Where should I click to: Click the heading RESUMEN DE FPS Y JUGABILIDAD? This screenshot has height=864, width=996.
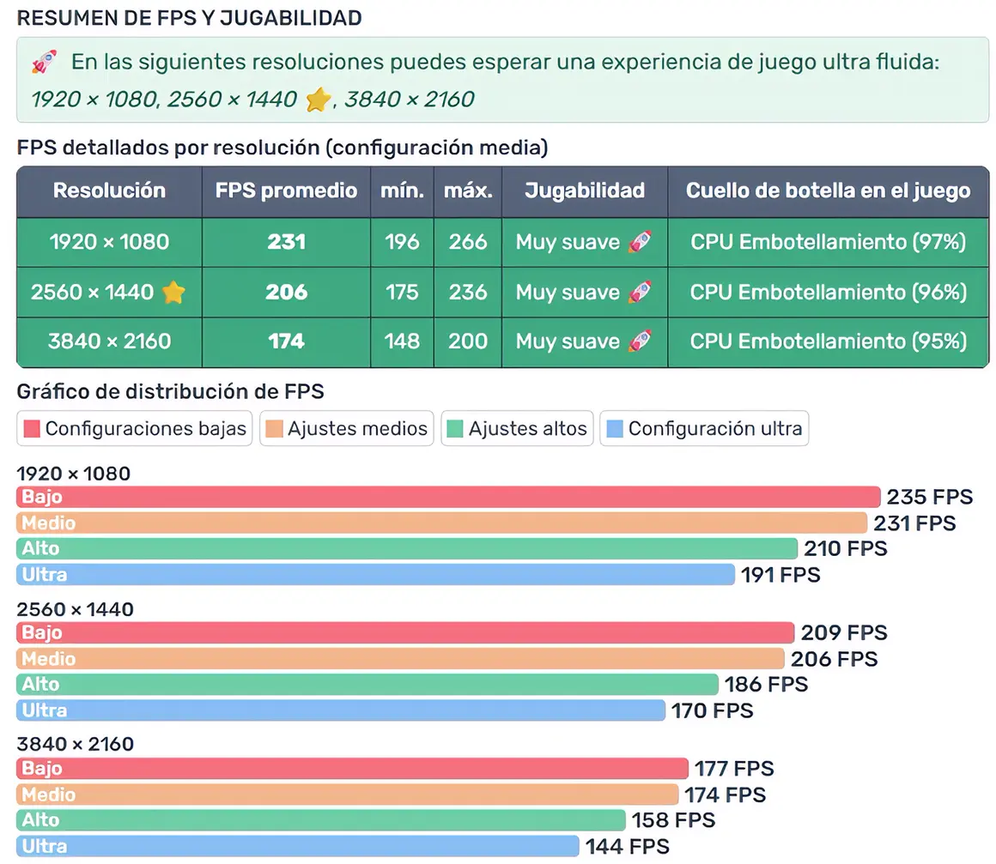pos(189,18)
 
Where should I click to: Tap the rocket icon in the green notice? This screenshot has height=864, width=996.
pos(45,62)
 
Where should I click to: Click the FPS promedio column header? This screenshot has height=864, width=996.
pos(286,190)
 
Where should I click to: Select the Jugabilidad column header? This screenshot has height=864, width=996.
pos(584,190)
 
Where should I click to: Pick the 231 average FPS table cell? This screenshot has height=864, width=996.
pos(286,243)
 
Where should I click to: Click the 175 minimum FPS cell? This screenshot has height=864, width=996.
pos(402,293)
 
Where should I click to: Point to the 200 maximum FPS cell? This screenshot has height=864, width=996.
pos(467,341)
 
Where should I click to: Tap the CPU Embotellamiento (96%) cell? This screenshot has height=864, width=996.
pos(828,293)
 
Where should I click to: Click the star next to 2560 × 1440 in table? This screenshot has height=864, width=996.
pos(173,293)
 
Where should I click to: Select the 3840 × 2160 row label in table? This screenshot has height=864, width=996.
pos(109,341)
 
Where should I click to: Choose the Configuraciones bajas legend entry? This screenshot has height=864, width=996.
pos(136,428)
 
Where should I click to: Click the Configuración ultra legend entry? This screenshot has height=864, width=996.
pos(705,428)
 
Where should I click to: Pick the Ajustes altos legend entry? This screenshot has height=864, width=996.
pos(518,428)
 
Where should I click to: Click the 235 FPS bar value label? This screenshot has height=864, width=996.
pos(930,498)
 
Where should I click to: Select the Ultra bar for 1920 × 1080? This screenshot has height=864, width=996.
pos(375,574)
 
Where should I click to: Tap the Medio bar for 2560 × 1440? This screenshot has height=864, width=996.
pos(400,659)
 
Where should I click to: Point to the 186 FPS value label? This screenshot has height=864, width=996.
pos(766,685)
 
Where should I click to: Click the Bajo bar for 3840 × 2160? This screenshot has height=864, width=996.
pos(352,768)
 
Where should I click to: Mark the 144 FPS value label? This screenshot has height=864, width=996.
pos(627,847)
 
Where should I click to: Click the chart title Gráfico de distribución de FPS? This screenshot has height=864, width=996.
pos(170,392)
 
